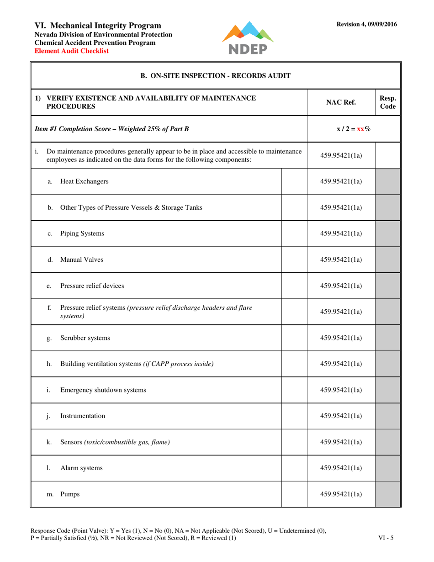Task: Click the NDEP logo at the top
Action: coord(248,37)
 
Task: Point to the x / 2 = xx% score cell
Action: coord(353,129)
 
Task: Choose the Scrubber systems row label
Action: coord(85,338)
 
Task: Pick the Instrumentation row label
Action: coord(82,416)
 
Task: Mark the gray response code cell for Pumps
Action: coord(387,494)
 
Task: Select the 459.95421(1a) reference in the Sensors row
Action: coord(341,442)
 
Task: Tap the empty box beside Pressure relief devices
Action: coord(294,286)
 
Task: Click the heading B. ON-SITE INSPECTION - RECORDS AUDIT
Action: coord(216,75)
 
